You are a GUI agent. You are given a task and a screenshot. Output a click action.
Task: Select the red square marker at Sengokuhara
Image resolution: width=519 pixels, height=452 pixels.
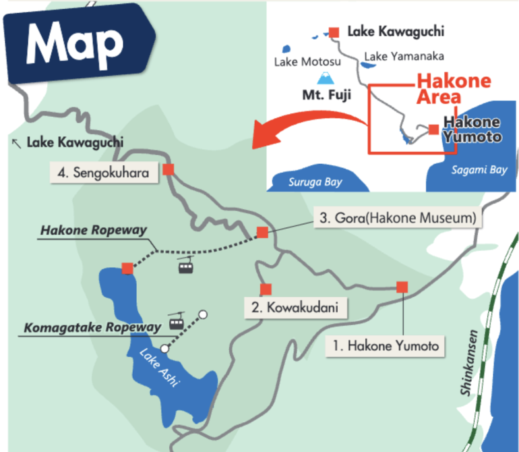click(x=169, y=169)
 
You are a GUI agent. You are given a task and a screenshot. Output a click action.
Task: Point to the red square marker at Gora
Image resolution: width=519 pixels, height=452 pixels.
click(x=262, y=233)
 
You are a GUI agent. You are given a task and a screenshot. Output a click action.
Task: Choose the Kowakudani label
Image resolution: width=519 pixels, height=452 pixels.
click(x=296, y=309)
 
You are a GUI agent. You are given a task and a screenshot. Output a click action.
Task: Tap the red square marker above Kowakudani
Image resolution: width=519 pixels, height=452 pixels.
click(x=266, y=289)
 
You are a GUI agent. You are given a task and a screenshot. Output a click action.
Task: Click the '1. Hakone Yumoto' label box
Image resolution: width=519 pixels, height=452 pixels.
click(x=385, y=346)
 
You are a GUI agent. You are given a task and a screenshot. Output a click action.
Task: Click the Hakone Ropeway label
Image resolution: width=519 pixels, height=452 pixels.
click(x=94, y=230)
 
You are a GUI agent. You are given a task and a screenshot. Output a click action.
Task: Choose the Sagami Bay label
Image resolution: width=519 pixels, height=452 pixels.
click(x=479, y=170)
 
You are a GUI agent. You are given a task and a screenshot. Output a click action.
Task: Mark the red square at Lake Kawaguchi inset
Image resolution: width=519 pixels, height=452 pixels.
click(x=334, y=32)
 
